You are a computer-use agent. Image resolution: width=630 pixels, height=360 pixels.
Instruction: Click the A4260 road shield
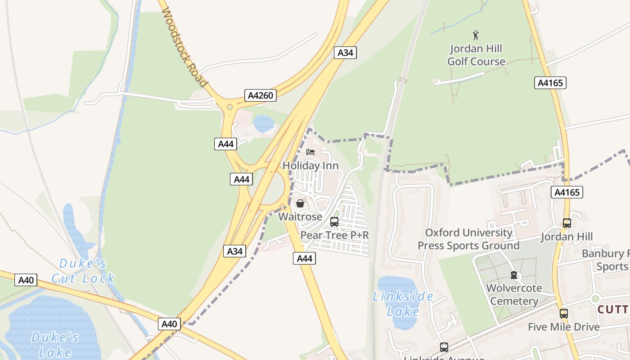[261, 95]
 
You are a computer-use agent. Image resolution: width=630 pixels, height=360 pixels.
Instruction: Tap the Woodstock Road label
[184, 47]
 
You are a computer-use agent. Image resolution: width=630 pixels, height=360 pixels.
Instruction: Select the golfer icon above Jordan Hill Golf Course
[476, 35]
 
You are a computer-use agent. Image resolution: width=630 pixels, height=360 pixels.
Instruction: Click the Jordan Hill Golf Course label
[476, 55]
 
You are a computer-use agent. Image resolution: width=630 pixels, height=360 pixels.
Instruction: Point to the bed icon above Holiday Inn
[310, 152]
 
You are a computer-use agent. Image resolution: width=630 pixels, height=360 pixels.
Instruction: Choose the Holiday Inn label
[310, 166]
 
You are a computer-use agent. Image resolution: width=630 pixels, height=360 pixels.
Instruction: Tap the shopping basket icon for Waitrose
[300, 203]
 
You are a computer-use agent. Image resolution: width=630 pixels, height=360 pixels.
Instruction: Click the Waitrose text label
[300, 216]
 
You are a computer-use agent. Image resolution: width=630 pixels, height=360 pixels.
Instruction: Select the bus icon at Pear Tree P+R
[334, 221]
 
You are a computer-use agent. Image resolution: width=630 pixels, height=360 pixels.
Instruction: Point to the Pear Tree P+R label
[334, 235]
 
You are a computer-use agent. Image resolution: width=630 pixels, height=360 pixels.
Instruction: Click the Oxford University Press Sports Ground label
[468, 239]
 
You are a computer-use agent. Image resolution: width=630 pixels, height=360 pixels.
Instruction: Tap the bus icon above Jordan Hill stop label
[567, 223]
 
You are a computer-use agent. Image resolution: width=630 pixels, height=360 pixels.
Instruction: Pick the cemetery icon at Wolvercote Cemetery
[514, 275]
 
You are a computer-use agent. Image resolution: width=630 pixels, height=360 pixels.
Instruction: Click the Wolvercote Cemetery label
[514, 294]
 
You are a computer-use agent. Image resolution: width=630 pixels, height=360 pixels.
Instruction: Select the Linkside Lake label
[403, 304]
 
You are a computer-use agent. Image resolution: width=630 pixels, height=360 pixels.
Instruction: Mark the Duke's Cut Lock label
[83, 271]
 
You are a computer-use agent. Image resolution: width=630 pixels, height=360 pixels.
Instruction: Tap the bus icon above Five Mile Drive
[564, 314]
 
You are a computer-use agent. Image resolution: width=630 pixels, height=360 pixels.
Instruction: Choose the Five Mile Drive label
[564, 327]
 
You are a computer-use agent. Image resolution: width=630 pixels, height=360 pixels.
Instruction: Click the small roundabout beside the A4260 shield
[230, 107]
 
